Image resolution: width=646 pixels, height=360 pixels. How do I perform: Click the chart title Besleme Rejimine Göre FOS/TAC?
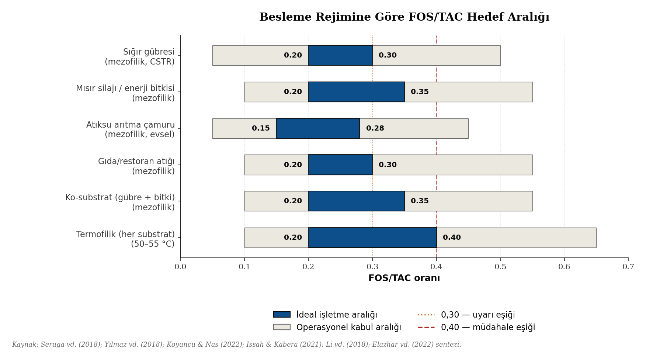pyautogui.click(x=404, y=17)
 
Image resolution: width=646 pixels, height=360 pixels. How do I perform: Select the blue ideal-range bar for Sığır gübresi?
pyautogui.click(x=340, y=55)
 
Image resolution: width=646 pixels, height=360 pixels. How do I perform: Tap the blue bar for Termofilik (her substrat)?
pyautogui.click(x=372, y=238)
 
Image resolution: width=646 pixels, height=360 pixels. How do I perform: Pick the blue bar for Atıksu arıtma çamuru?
pyautogui.click(x=318, y=128)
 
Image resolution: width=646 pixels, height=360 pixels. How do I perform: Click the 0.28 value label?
pyautogui.click(x=375, y=128)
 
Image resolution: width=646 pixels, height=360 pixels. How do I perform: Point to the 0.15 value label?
pyautogui.click(x=261, y=128)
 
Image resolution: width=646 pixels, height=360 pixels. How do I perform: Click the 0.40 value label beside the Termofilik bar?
pyautogui.click(x=452, y=238)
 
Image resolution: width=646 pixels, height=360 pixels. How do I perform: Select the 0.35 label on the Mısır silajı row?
pyautogui.click(x=420, y=92)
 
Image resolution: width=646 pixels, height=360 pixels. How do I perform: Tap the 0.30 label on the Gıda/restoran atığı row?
pyautogui.click(x=388, y=165)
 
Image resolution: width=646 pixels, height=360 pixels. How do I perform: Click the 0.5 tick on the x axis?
pyautogui.click(x=500, y=267)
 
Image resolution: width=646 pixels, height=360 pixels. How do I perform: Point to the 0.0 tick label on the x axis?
pyautogui.click(x=180, y=267)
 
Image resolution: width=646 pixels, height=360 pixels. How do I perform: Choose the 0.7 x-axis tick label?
pyautogui.click(x=628, y=267)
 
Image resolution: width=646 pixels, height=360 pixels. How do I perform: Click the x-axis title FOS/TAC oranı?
pyautogui.click(x=404, y=278)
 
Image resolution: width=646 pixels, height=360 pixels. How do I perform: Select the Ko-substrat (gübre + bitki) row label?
pyautogui.click(x=120, y=202)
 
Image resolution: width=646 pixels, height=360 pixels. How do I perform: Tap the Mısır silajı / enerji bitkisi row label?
pyautogui.click(x=125, y=93)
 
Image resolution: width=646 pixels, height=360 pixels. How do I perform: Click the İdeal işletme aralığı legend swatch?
pyautogui.click(x=282, y=315)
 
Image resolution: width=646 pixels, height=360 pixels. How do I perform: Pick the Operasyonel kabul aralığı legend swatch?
pyautogui.click(x=282, y=327)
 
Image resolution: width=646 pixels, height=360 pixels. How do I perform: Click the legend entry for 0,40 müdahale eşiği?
pyautogui.click(x=487, y=327)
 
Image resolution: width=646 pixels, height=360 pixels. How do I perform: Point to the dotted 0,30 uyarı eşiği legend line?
pyautogui.click(x=426, y=315)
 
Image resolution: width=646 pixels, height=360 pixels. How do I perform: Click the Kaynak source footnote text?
pyautogui.click(x=236, y=345)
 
